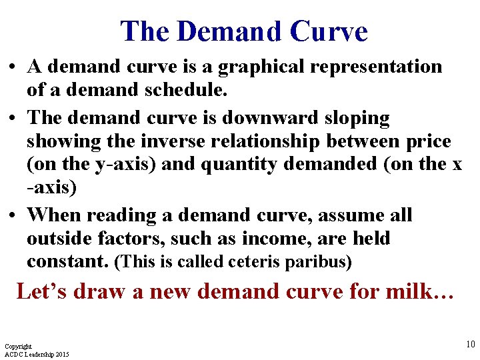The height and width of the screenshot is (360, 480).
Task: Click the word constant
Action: [x=67, y=261]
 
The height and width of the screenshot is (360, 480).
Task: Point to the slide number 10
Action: [x=470, y=344]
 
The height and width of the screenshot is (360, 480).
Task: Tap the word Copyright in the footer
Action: [x=18, y=347]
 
